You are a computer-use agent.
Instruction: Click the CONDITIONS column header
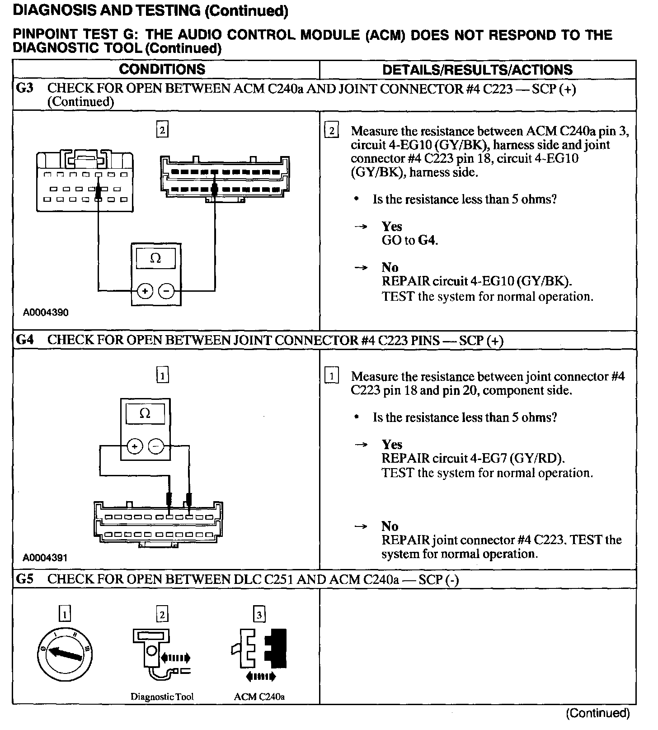click(162, 69)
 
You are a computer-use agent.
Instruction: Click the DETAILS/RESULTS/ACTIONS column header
click(477, 70)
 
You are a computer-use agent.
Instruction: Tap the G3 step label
click(25, 88)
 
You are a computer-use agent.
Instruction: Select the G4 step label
click(25, 340)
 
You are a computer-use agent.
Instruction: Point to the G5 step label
click(25, 579)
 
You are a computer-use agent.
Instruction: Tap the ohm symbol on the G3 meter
click(155, 258)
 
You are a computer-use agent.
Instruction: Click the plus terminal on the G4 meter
click(135, 447)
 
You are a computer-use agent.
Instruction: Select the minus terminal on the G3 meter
click(167, 291)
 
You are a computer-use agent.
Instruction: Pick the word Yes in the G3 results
click(391, 226)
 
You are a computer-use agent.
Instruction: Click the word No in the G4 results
click(390, 526)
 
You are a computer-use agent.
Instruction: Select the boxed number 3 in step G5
click(259, 615)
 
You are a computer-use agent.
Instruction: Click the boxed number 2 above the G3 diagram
click(162, 130)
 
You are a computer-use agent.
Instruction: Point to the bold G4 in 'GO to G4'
click(427, 240)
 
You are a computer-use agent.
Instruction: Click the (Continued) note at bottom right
click(597, 713)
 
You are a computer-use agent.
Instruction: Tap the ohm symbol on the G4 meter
click(145, 414)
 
